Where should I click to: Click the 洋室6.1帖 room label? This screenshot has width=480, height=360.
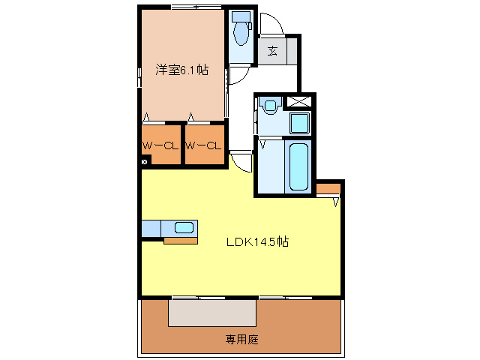[x=182, y=70]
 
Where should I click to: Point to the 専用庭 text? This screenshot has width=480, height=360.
[x=242, y=340]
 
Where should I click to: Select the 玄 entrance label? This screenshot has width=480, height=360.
[x=272, y=52]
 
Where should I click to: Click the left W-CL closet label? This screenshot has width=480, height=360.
[x=160, y=145]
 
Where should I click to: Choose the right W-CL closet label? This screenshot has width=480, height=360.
[x=204, y=145]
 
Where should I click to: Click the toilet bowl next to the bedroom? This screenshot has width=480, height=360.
[x=241, y=33]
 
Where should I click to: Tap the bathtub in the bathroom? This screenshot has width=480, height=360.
[x=298, y=166]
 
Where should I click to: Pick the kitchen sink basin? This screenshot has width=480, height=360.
[x=184, y=227]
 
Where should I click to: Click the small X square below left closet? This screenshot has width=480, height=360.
[x=144, y=160]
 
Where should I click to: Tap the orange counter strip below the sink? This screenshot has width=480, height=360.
[x=181, y=241]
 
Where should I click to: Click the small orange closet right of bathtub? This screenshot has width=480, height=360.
[x=328, y=188]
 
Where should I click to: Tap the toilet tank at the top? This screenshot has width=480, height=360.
[x=241, y=16]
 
